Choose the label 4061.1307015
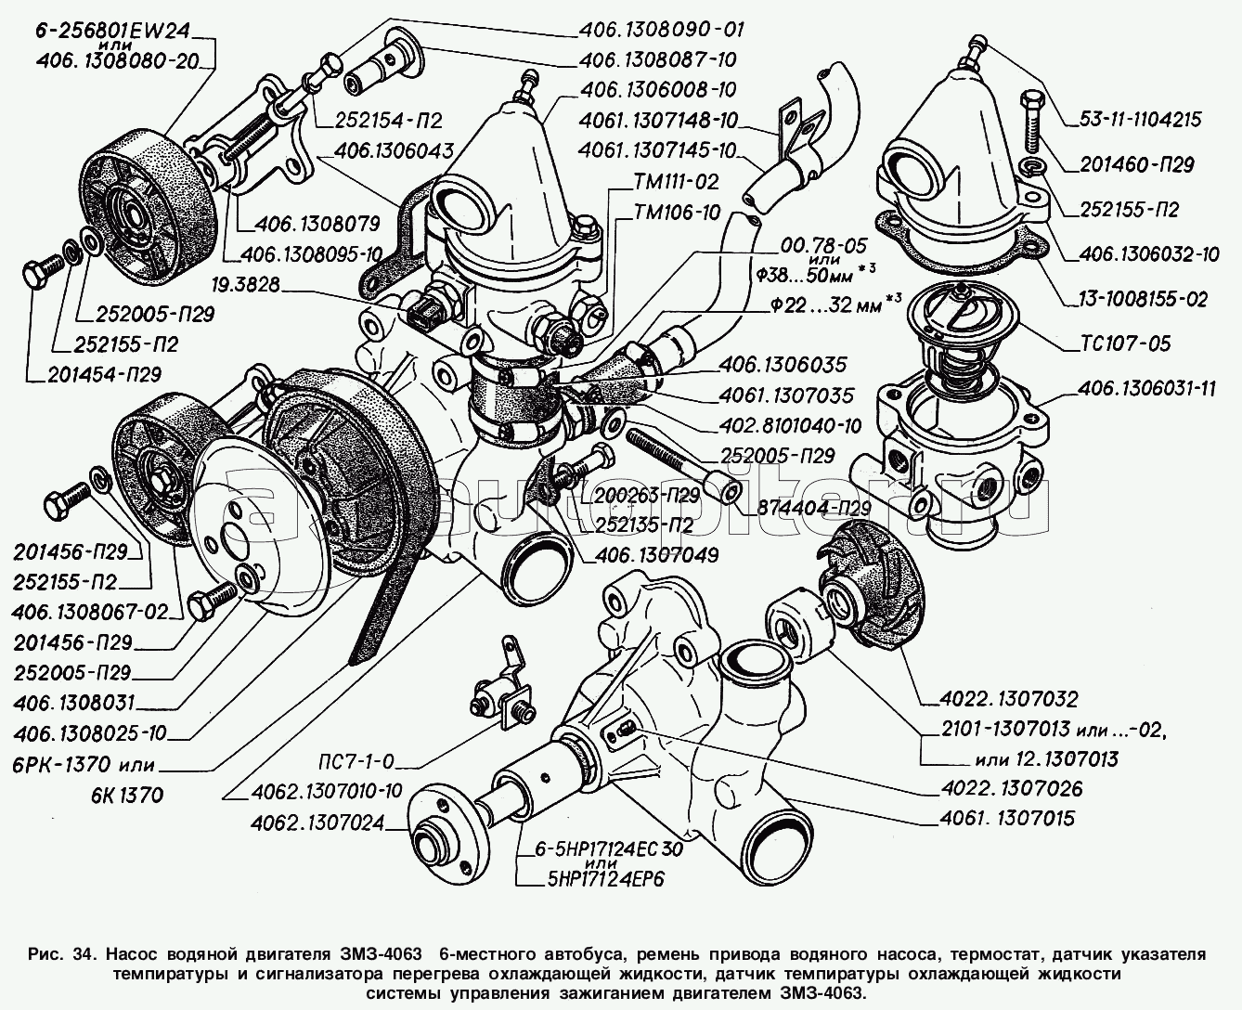point(1006,819)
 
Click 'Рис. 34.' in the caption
point(64,954)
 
